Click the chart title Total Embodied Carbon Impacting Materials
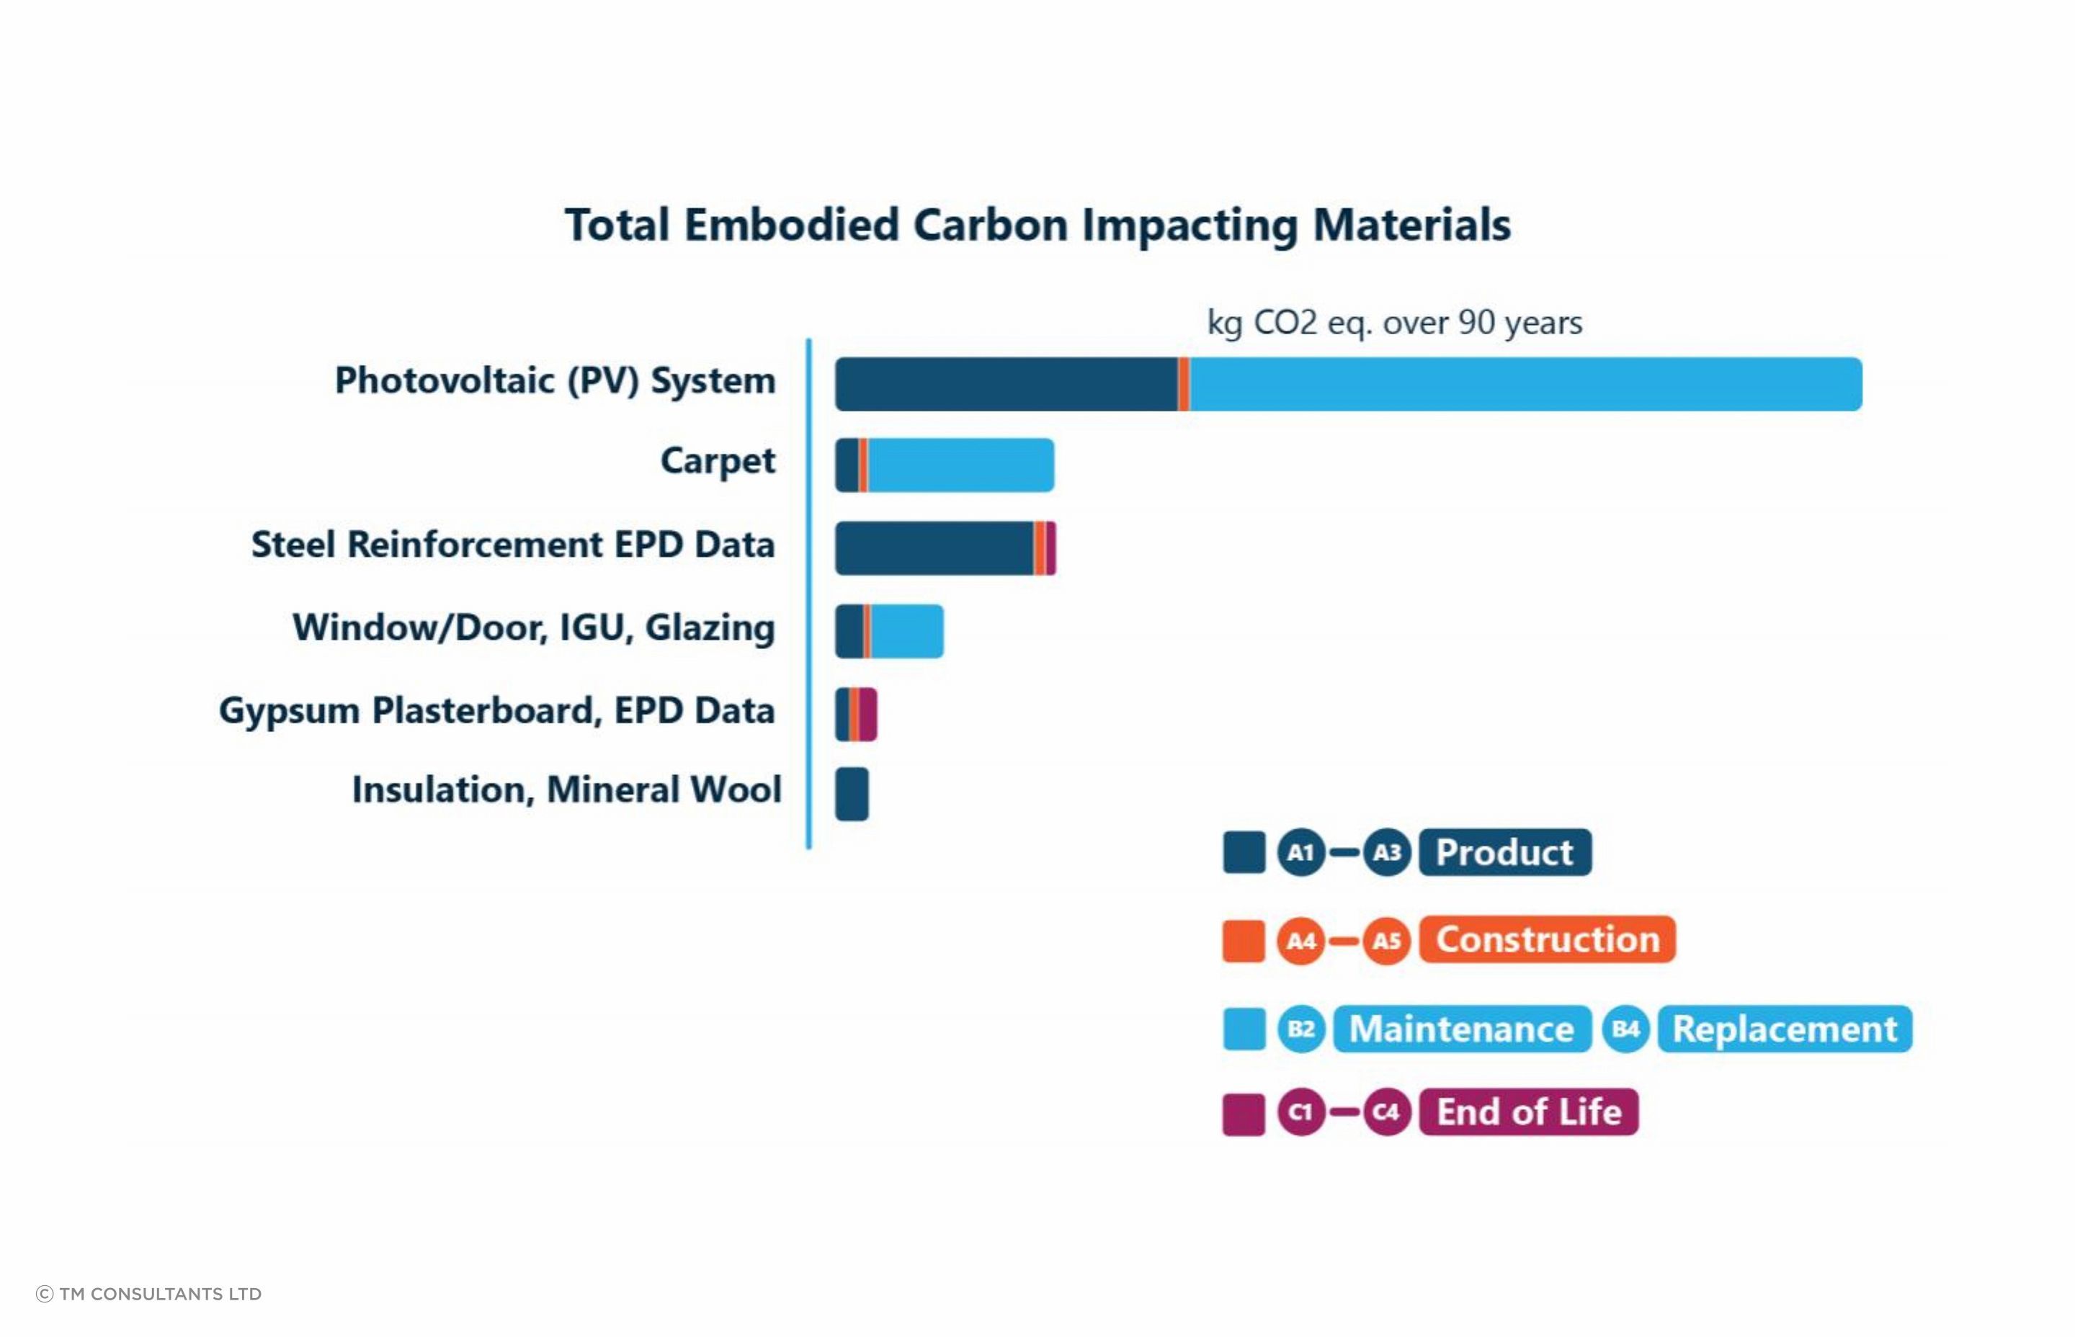pyautogui.click(x=1037, y=225)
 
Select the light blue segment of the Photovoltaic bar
pyautogui.click(x=1524, y=384)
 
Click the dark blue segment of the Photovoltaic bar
pyautogui.click(x=1005, y=384)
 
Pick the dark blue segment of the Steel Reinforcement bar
pyautogui.click(x=933, y=547)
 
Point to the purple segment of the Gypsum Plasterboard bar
pyautogui.click(x=867, y=715)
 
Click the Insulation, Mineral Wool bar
pyautogui.click(x=852, y=794)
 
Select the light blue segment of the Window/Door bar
pyautogui.click(x=906, y=631)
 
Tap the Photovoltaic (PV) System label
pyautogui.click(x=555, y=381)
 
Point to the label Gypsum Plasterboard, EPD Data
pyautogui.click(x=496, y=711)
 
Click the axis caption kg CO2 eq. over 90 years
pyautogui.click(x=1394, y=323)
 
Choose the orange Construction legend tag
pyautogui.click(x=1546, y=939)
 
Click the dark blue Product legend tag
pyautogui.click(x=1504, y=851)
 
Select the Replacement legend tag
pyautogui.click(x=1784, y=1029)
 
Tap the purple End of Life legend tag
pyautogui.click(x=1528, y=1112)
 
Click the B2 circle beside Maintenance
pyautogui.click(x=1300, y=1029)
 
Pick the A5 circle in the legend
pyautogui.click(x=1386, y=940)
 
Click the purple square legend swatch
pyautogui.click(x=1244, y=1114)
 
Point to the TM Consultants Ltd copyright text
pyautogui.click(x=148, y=1294)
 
